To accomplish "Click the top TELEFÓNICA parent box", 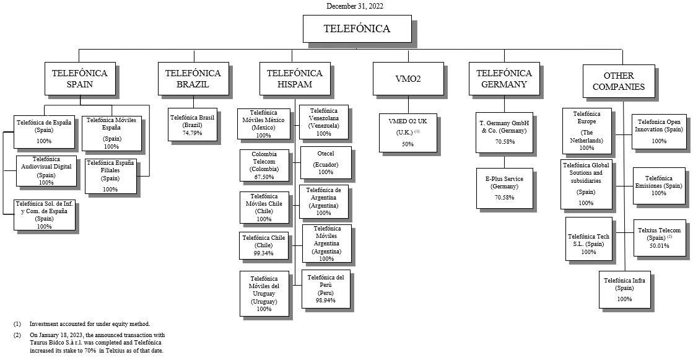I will click(x=357, y=29).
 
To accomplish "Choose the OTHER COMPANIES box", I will click(x=619, y=81).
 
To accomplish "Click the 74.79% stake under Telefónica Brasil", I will click(x=193, y=133).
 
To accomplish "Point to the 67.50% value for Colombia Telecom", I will click(x=264, y=177).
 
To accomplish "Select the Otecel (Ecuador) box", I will click(x=325, y=163).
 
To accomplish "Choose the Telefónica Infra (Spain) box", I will click(x=624, y=289).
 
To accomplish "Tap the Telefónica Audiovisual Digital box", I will click(x=46, y=170).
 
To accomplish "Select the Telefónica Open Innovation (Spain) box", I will click(x=659, y=131).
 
